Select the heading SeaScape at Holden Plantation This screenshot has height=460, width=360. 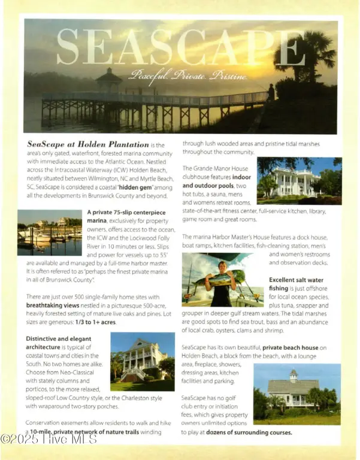click(x=88, y=144)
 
